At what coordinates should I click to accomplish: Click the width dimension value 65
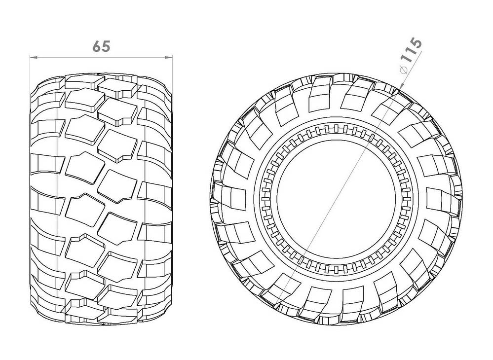click(101, 46)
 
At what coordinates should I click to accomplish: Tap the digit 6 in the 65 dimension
click(97, 46)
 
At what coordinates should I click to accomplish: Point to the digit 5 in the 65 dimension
click(105, 46)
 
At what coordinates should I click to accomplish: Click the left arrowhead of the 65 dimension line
click(33, 58)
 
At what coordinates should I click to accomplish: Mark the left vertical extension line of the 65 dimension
click(30, 69)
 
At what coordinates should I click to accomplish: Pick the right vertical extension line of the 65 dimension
click(173, 69)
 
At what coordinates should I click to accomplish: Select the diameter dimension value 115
click(411, 56)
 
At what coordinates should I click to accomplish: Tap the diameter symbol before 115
click(403, 71)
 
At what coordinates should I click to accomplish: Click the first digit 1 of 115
click(407, 62)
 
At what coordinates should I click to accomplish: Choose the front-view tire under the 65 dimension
click(101, 197)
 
